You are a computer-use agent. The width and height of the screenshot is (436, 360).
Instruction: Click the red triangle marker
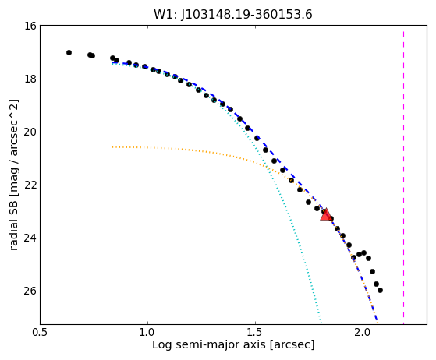pyautogui.click(x=325, y=214)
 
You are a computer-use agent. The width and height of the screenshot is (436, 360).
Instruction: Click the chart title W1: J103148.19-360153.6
pyautogui.click(x=233, y=15)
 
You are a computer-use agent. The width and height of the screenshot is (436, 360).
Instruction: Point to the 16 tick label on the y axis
pyautogui.click(x=30, y=26)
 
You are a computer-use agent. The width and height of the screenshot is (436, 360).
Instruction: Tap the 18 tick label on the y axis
pyautogui.click(x=30, y=79)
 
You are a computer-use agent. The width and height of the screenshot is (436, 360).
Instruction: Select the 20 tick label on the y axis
pyautogui.click(x=30, y=132)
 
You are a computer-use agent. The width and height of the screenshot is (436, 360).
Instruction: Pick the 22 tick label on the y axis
pyautogui.click(x=30, y=185)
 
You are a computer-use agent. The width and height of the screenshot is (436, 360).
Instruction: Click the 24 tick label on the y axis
pyautogui.click(x=30, y=238)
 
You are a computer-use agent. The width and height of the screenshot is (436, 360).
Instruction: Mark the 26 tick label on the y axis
pyautogui.click(x=30, y=291)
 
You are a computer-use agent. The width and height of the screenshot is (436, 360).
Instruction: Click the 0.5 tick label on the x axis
pyautogui.click(x=41, y=333)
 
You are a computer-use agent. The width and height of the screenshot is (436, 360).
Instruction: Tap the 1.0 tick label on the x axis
pyautogui.click(x=147, y=333)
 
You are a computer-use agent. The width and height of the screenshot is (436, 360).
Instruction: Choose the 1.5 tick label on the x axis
pyautogui.click(x=255, y=333)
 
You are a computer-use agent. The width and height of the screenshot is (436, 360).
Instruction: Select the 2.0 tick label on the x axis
pyautogui.click(x=363, y=333)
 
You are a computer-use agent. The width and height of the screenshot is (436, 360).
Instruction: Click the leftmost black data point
pyautogui.click(x=69, y=52)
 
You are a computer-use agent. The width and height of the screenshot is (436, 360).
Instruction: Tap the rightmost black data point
pyautogui.click(x=380, y=291)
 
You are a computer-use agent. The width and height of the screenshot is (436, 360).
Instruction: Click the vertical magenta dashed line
pyautogui.click(x=403, y=175)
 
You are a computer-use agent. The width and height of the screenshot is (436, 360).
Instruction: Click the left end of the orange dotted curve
pyautogui.click(x=112, y=146)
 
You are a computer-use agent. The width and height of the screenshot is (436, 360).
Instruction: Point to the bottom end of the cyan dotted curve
pyautogui.click(x=321, y=323)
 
